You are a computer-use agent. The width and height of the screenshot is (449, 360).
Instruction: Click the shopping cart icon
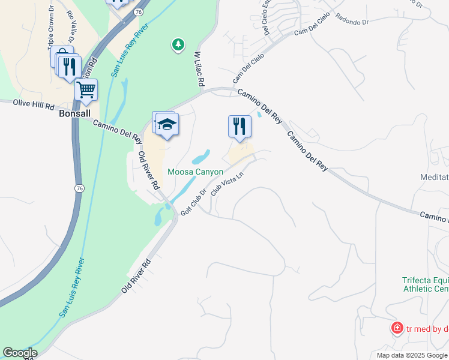coord(86,90)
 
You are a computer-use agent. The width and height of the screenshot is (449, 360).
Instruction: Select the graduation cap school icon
coord(167,124)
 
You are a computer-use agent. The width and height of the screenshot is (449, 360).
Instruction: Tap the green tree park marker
coord(178,44)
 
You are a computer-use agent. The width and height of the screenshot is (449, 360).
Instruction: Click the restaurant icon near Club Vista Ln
coord(240,126)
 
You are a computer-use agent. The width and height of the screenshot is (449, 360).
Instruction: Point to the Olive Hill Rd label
coord(34,106)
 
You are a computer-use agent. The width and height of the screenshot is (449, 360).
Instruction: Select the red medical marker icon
coord(397,328)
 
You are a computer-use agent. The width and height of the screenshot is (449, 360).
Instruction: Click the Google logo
coord(20,353)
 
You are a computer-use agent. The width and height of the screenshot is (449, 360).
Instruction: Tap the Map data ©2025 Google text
coord(412,355)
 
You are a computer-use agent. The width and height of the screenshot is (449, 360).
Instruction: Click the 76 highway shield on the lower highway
coord(79,188)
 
